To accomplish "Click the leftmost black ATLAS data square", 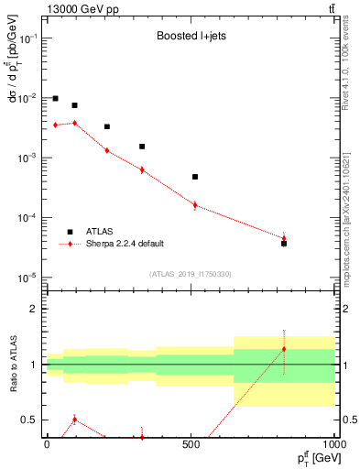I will [x=55, y=98].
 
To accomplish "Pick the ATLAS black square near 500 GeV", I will [x=195, y=177].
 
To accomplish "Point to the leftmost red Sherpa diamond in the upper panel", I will [x=55, y=125].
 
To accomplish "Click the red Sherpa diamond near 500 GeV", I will [x=195, y=204].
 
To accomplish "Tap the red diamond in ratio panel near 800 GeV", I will [x=284, y=349].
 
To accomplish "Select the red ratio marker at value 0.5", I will [x=75, y=420].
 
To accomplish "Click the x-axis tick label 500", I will [x=191, y=443].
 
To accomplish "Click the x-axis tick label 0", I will [x=47, y=443].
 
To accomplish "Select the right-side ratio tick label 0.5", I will [x=350, y=420].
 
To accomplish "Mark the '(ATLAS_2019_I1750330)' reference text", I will [x=191, y=274].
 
